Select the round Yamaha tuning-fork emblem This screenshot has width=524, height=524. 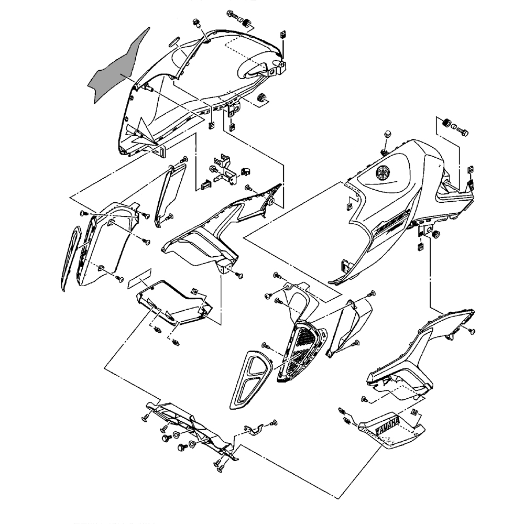click(x=384, y=172)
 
